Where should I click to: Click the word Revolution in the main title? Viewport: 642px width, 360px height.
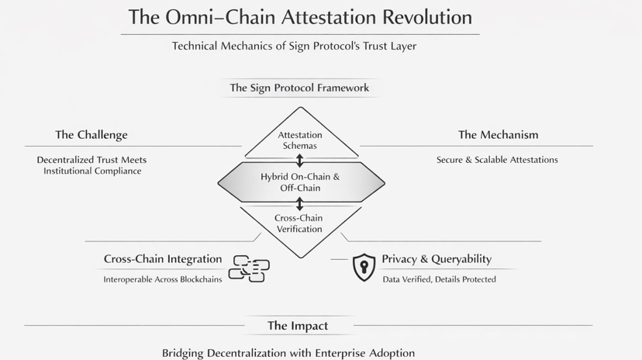pyautogui.click(x=421, y=16)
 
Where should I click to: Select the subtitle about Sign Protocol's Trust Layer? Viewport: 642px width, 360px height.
pyautogui.click(x=294, y=46)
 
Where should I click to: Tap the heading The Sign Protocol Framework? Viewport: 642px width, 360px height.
pyautogui.click(x=299, y=88)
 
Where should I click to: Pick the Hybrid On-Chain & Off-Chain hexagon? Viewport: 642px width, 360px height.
pyautogui.click(x=300, y=182)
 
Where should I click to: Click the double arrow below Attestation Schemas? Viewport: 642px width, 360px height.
pyautogui.click(x=300, y=161)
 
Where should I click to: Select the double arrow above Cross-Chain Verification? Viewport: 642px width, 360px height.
pyautogui.click(x=300, y=204)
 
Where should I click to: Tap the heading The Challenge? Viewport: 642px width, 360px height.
pyautogui.click(x=91, y=135)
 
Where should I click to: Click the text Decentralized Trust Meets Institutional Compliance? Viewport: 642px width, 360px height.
pyautogui.click(x=91, y=165)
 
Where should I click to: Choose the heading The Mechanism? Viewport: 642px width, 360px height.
pyautogui.click(x=498, y=135)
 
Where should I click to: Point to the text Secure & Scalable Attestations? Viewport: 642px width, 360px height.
pyautogui.click(x=497, y=160)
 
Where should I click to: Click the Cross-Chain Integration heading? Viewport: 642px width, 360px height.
pyautogui.click(x=163, y=259)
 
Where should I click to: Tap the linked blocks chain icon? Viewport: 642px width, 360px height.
pyautogui.click(x=249, y=268)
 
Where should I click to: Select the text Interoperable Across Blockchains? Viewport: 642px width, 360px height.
pyautogui.click(x=163, y=279)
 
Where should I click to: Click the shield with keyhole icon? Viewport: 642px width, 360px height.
pyautogui.click(x=364, y=267)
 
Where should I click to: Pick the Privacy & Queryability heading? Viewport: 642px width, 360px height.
pyautogui.click(x=437, y=259)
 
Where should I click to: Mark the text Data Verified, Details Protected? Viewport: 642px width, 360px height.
pyautogui.click(x=440, y=279)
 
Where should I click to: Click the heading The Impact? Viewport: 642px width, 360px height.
pyautogui.click(x=298, y=326)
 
